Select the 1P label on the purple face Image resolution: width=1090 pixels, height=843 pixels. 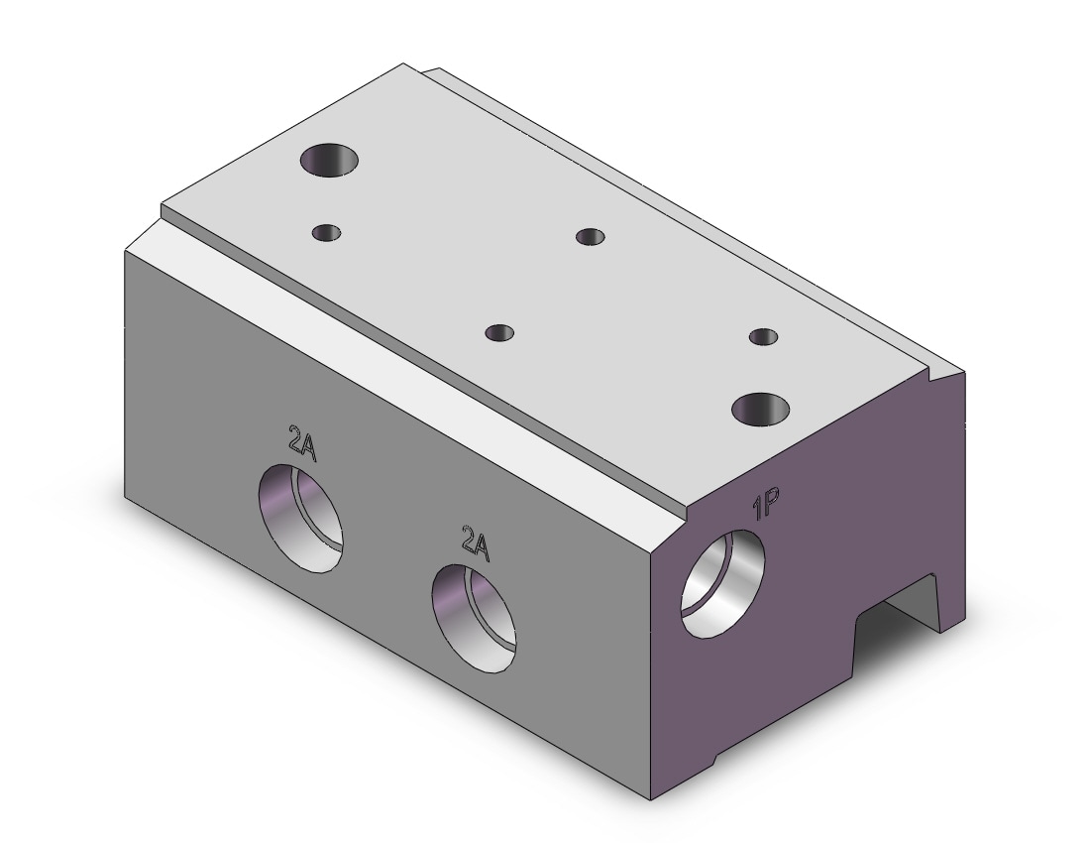(765, 505)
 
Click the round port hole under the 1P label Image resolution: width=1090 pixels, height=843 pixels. (722, 583)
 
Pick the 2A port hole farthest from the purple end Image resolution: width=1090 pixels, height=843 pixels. (301, 518)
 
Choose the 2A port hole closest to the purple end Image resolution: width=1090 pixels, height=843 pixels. (474, 619)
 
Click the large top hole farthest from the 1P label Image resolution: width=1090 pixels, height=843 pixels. (330, 160)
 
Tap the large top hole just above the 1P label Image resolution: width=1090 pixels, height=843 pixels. (761, 409)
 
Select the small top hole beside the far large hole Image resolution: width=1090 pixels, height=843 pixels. (327, 232)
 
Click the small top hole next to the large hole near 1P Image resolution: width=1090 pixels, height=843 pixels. (763, 337)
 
